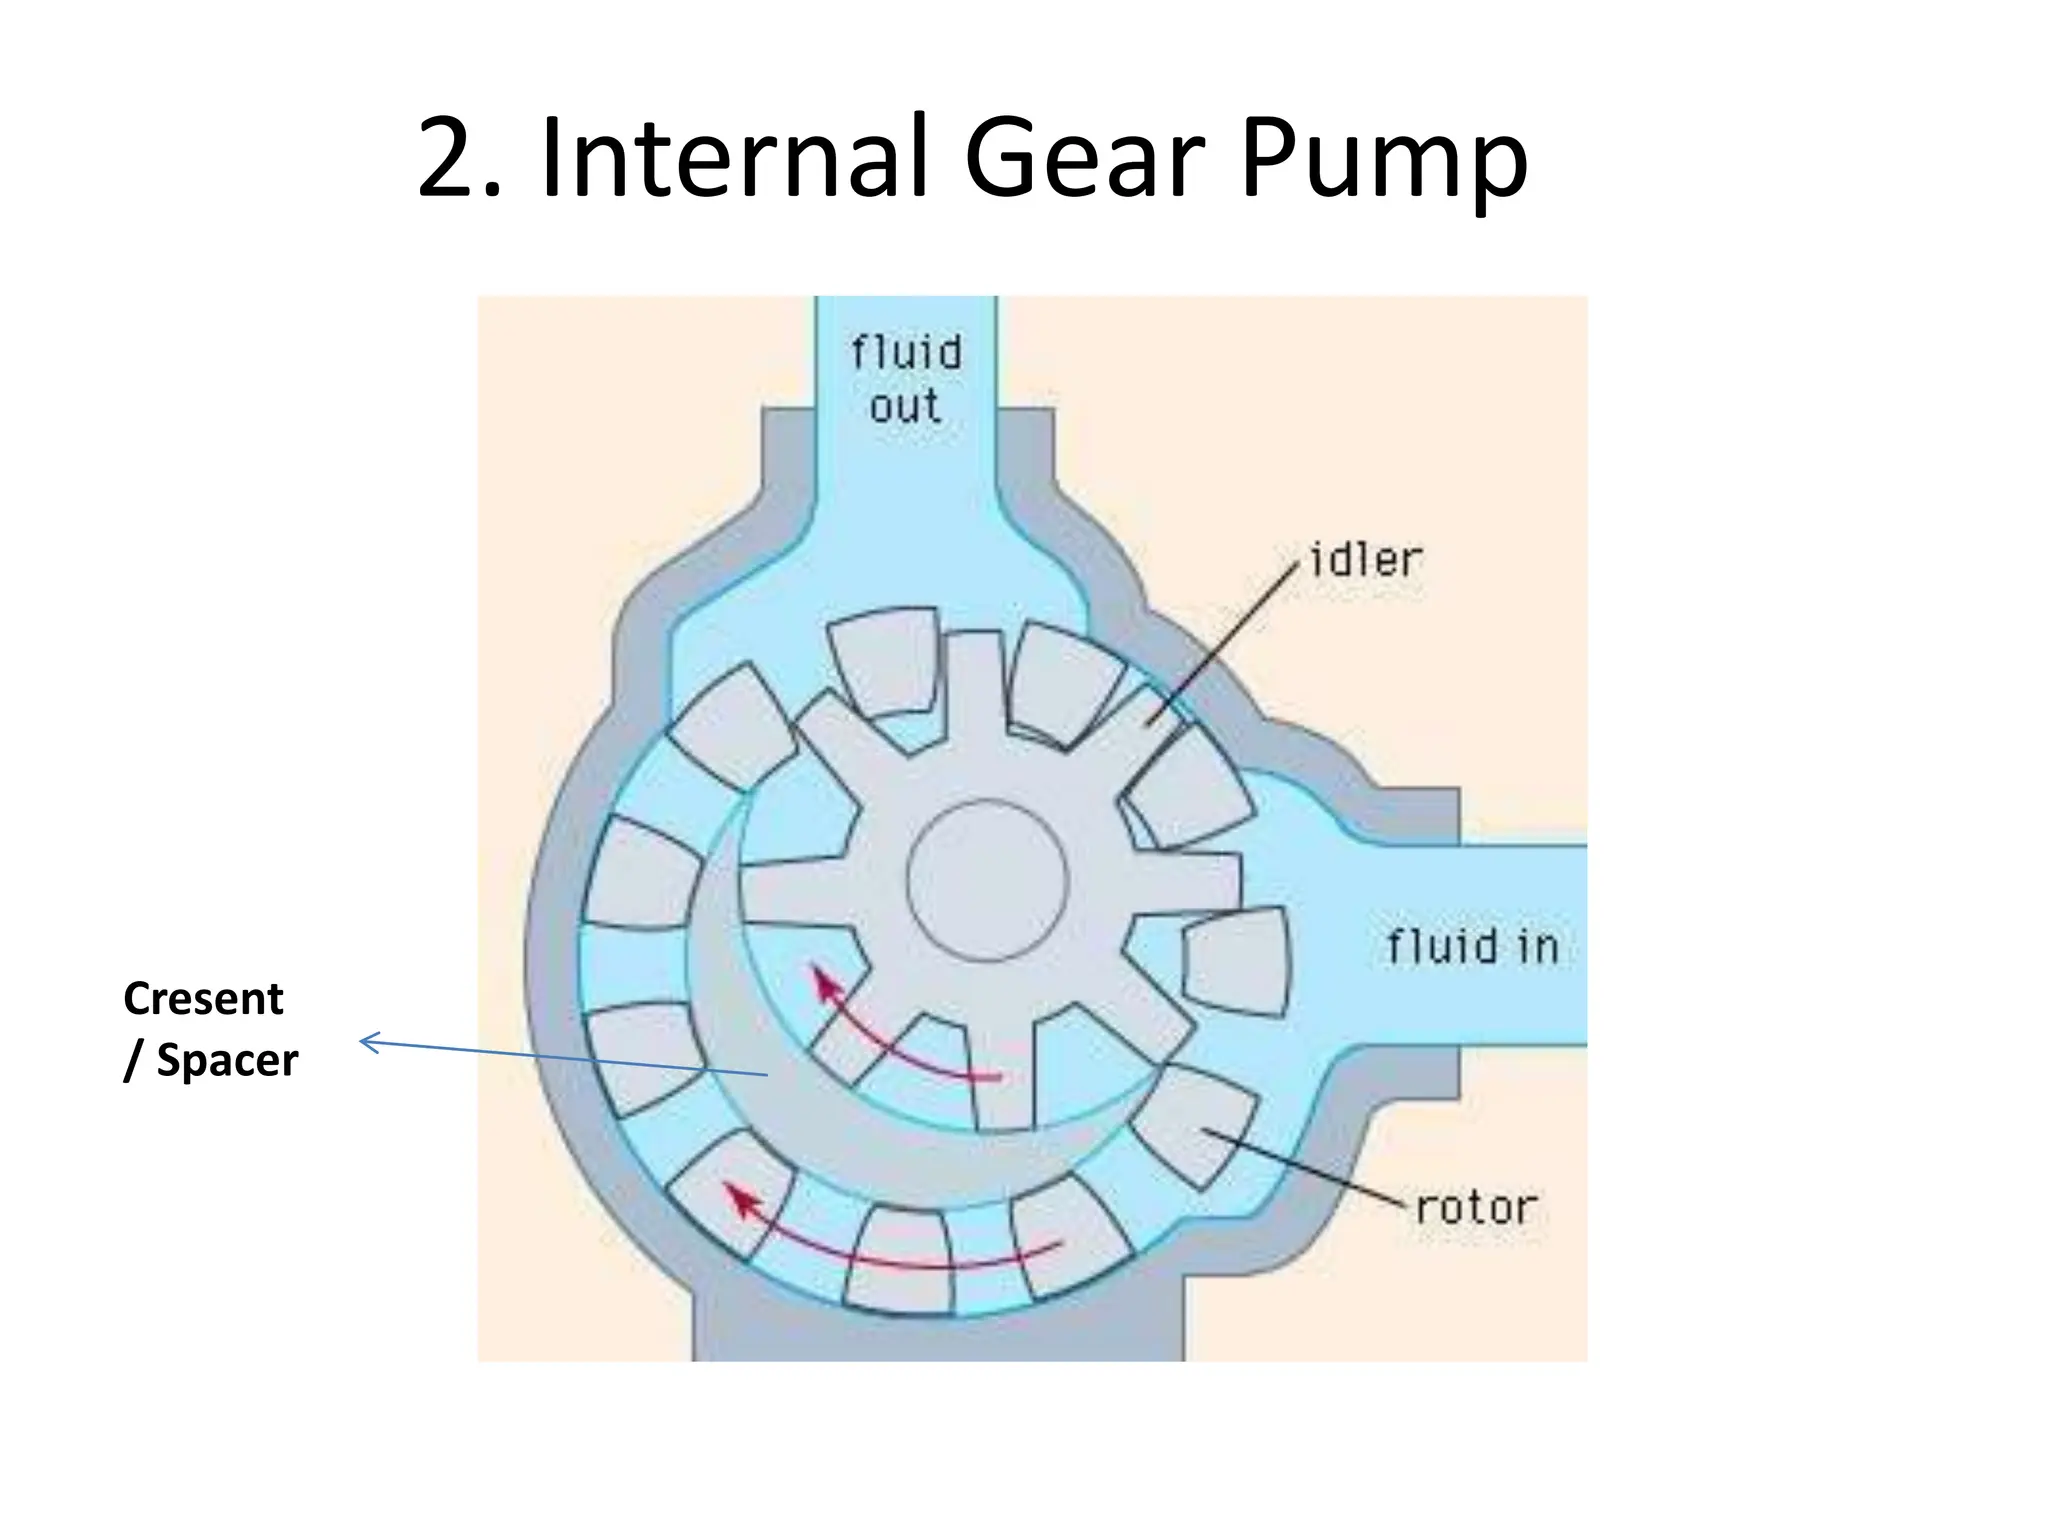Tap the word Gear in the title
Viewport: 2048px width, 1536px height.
tap(1085, 157)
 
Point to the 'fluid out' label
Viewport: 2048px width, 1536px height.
tap(906, 379)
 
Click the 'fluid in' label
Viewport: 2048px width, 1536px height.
tap(1472, 946)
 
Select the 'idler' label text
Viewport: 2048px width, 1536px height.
tap(1365, 560)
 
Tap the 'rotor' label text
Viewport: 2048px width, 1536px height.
tap(1476, 1208)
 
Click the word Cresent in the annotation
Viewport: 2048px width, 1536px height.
tap(203, 998)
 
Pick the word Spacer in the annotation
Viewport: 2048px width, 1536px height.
tap(227, 1060)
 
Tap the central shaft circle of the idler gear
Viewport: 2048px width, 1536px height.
tap(987, 880)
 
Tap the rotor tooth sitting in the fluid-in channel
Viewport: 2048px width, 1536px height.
tap(1236, 960)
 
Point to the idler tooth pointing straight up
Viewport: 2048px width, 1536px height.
tap(974, 690)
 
